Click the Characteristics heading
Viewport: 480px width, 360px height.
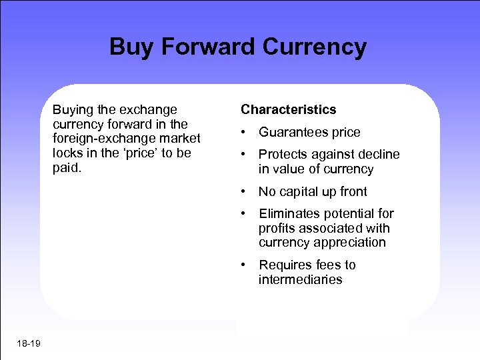pos(289,109)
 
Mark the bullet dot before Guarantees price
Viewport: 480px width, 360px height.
pos(245,132)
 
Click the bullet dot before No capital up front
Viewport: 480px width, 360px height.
pos(245,191)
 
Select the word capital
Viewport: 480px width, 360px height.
pos(301,191)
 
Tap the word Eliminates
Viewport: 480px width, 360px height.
pos(290,213)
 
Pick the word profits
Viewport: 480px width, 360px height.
pos(278,228)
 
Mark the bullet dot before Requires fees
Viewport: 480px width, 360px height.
pos(245,265)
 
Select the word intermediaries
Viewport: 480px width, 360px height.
pos(301,280)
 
